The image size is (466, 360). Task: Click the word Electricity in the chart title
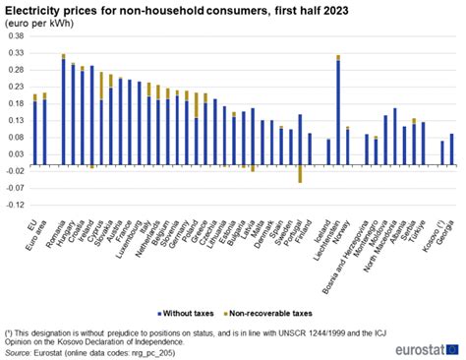pos(36,9)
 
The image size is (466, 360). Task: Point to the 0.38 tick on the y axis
pos(18,36)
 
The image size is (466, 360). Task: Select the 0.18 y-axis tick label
pos(18,104)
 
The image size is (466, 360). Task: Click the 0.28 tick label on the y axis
pos(18,71)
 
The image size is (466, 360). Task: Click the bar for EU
pos(34,133)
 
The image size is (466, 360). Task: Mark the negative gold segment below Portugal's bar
pos(300,174)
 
